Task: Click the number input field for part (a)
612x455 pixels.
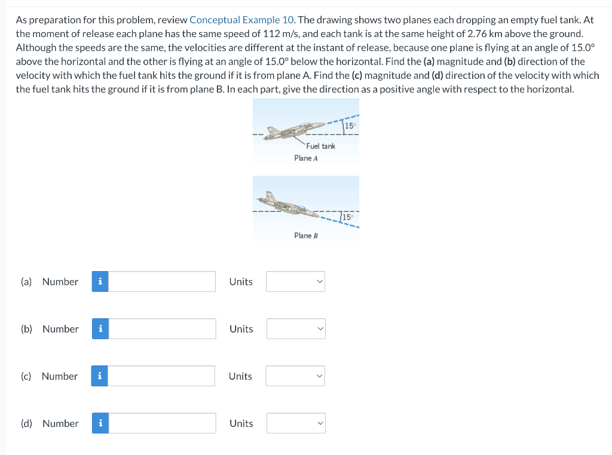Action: (x=162, y=281)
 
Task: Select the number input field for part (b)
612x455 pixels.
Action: (x=162, y=328)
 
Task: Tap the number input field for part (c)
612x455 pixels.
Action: (x=161, y=376)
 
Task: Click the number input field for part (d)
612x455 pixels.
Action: (x=162, y=423)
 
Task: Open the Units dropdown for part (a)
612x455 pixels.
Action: (x=295, y=281)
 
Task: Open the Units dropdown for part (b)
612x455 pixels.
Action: (x=296, y=328)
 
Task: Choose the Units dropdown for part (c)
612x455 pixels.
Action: (x=295, y=376)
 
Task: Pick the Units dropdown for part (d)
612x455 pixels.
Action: (x=296, y=423)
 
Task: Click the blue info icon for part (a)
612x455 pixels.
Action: (x=100, y=281)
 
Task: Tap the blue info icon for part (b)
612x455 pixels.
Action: (x=100, y=328)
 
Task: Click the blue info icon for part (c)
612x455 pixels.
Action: (x=100, y=376)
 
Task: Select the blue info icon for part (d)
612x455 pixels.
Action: (x=100, y=423)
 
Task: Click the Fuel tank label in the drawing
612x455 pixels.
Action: (x=321, y=146)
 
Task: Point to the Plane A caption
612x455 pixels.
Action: (x=306, y=158)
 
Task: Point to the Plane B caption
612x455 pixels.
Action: (x=306, y=235)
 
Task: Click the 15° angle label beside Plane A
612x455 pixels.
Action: (x=350, y=126)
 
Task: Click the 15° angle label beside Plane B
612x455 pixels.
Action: (x=347, y=217)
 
